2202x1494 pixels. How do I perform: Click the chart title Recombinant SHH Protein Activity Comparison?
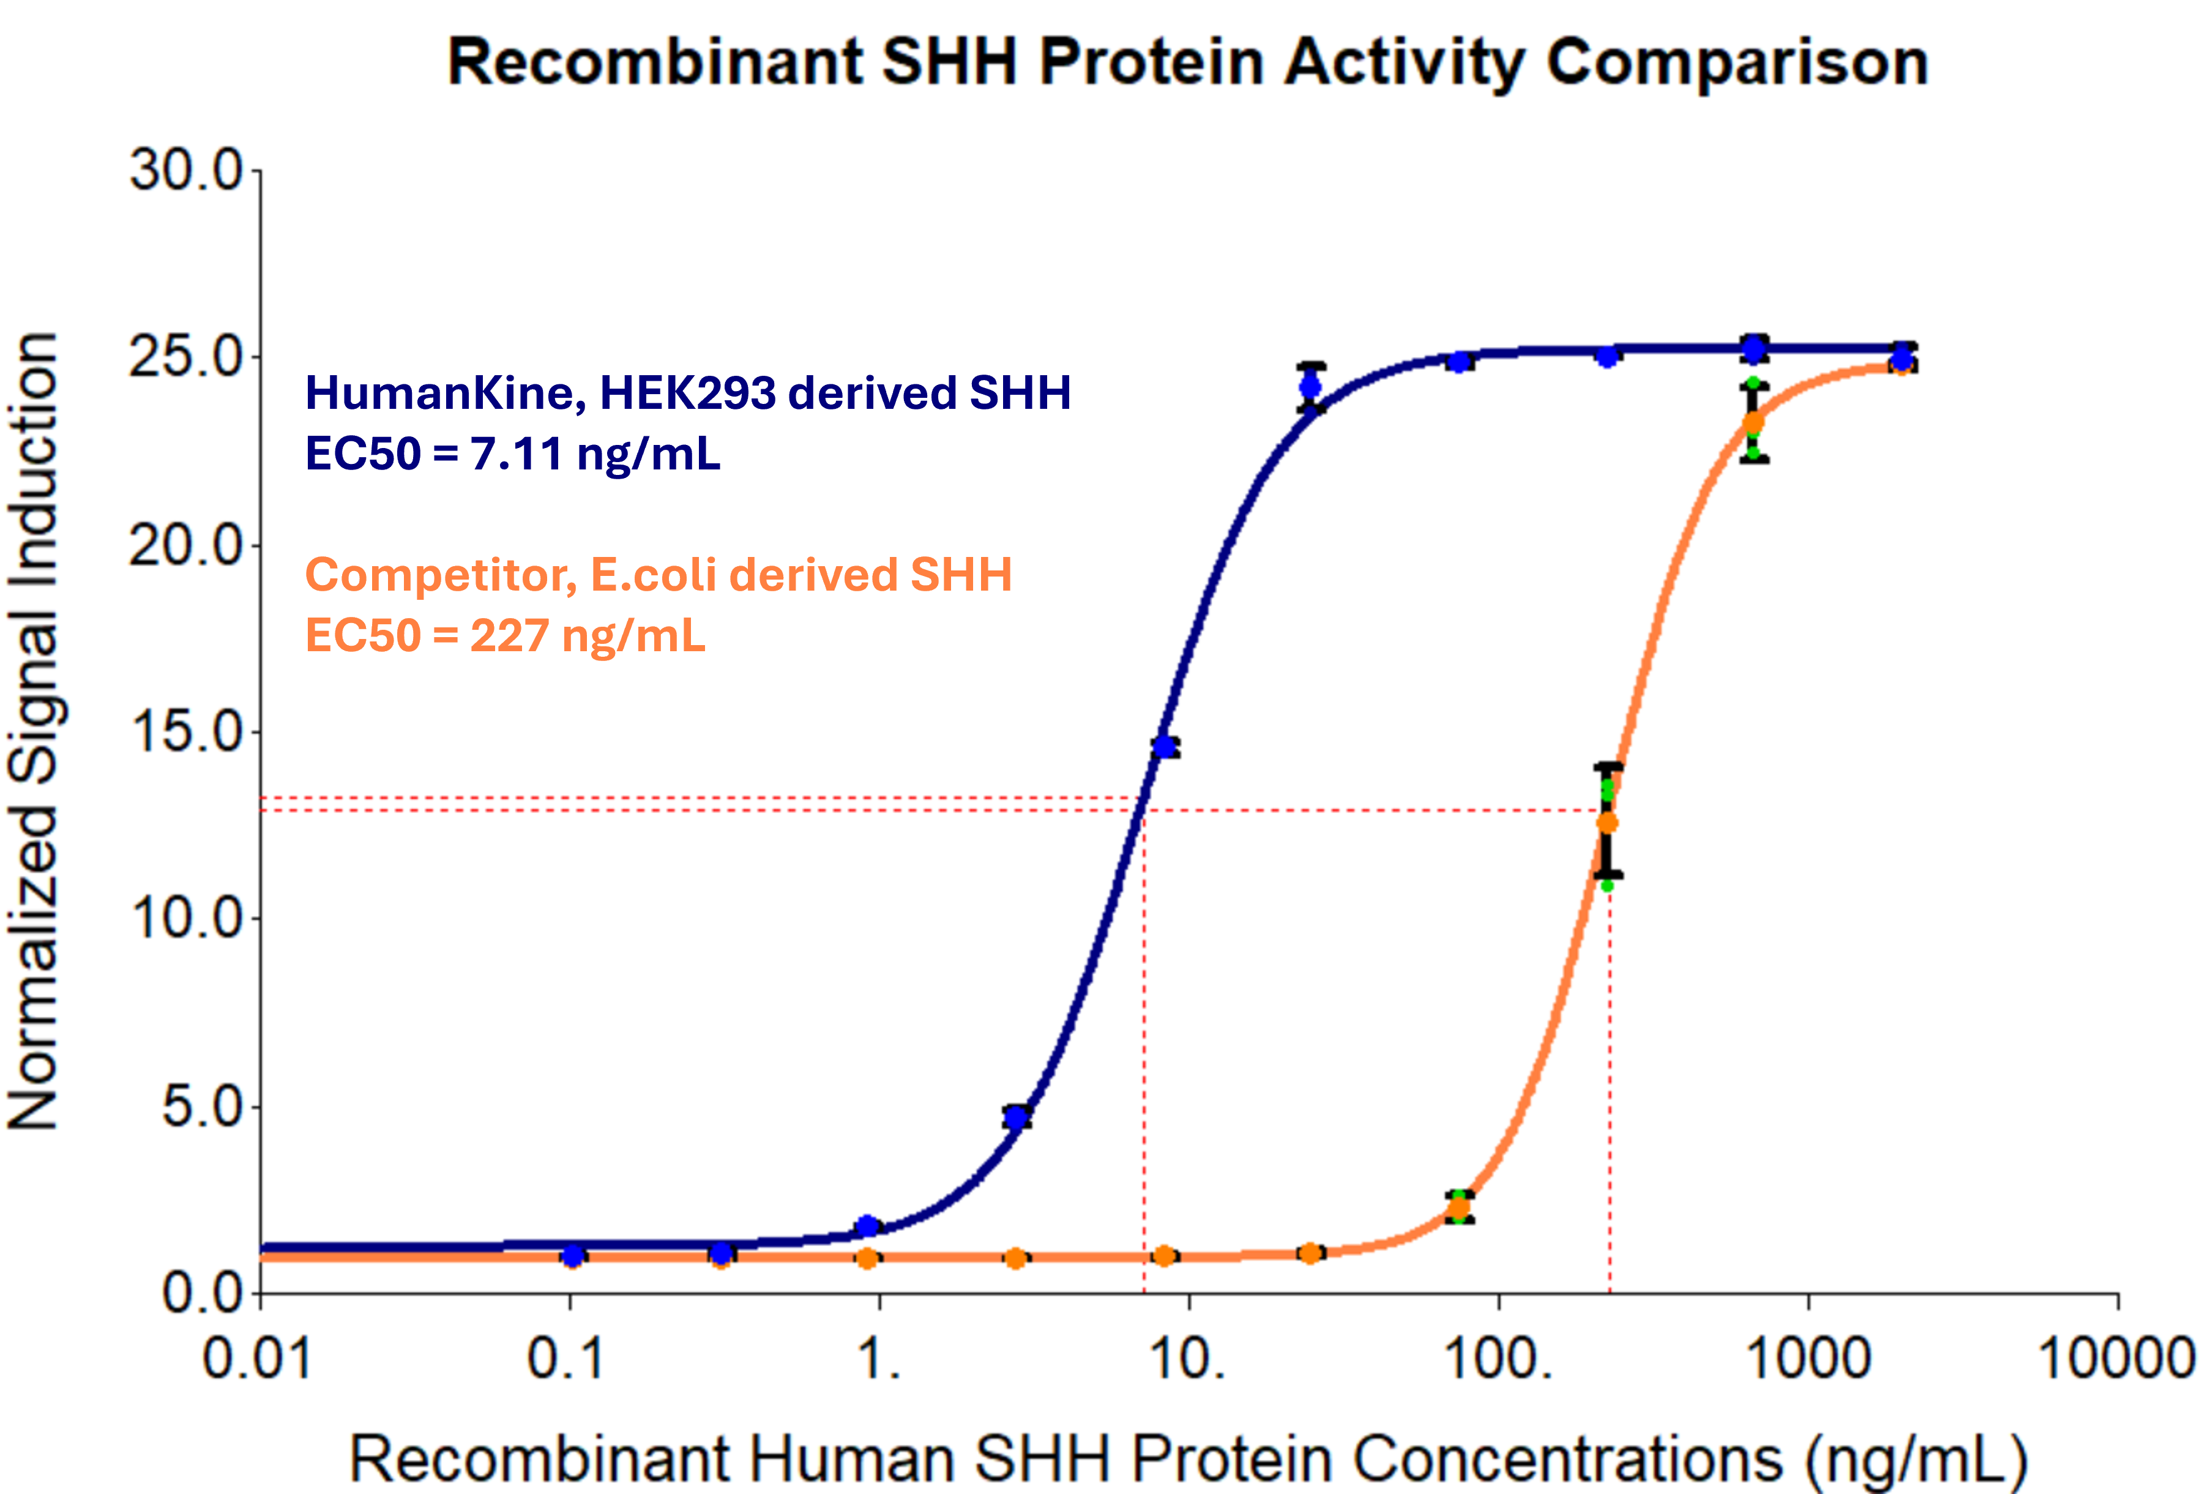pos(1187,62)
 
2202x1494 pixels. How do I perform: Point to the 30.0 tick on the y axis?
pos(187,171)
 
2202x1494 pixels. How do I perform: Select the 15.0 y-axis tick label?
pos(187,731)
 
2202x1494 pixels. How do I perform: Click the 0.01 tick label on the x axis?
pos(257,1359)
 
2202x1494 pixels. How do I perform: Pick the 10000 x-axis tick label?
pos(2116,1359)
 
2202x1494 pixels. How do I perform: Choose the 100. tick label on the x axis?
pos(1497,1359)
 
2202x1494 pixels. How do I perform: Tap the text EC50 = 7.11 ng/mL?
pos(513,454)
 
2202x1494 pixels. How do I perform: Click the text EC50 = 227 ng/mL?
pos(505,635)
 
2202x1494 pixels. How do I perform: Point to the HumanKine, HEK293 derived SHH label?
pos(688,393)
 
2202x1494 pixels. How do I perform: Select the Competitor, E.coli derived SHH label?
pos(659,575)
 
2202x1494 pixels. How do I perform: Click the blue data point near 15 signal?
pos(1165,747)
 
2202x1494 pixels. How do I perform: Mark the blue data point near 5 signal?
pos(1017,1117)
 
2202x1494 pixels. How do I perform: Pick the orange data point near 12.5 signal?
pos(1608,823)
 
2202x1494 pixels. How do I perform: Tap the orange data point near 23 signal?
pos(1754,422)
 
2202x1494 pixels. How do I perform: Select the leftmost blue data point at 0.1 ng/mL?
pos(572,1255)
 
